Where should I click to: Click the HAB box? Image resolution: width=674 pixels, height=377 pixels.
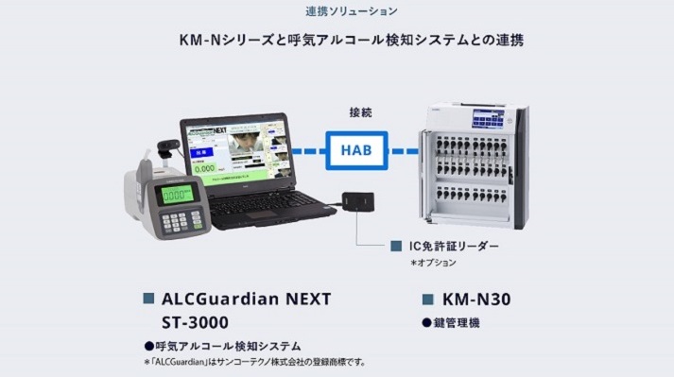pyautogui.click(x=352, y=149)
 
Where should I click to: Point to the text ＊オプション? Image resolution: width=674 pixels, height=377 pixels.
pyautogui.click(x=433, y=262)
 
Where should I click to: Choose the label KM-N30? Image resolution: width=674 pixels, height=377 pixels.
pyautogui.click(x=476, y=300)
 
